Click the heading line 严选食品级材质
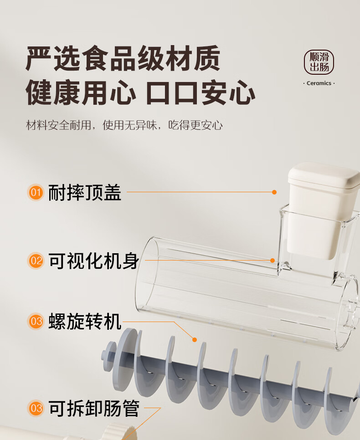123,58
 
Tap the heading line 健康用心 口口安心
140,92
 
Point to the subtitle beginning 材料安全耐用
124,125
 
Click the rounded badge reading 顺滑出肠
319,62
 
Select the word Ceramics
319,83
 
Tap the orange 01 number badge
36,193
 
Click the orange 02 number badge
36,261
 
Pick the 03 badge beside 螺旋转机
36,321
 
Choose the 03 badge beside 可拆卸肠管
36,408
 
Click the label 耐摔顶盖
85,193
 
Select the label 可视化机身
94,261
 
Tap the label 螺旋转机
85,321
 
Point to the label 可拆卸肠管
94,408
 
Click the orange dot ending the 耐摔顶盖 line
274,192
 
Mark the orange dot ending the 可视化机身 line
273,261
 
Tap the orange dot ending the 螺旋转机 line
195,340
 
